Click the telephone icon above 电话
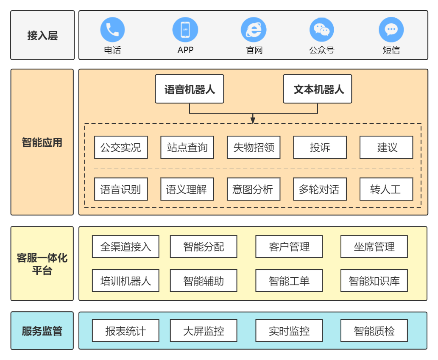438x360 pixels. click(x=112, y=30)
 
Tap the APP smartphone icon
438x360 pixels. click(x=185, y=30)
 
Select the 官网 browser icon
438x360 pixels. click(x=254, y=30)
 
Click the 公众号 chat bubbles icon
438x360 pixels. click(x=321, y=30)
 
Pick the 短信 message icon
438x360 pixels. click(x=391, y=30)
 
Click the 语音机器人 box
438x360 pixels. click(x=189, y=89)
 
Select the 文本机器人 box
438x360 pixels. click(x=318, y=89)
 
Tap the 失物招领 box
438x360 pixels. click(x=254, y=147)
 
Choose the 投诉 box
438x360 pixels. click(x=320, y=147)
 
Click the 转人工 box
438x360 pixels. click(x=386, y=189)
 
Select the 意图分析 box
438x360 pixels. click(x=254, y=189)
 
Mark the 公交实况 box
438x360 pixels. click(x=121, y=147)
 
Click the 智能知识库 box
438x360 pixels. click(x=374, y=281)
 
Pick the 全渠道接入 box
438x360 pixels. click(x=126, y=246)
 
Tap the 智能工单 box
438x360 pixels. click(x=289, y=281)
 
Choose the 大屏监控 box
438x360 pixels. click(x=204, y=331)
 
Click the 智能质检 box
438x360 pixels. click(x=374, y=331)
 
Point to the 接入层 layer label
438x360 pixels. click(x=42, y=35)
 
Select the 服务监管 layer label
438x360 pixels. click(x=42, y=331)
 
